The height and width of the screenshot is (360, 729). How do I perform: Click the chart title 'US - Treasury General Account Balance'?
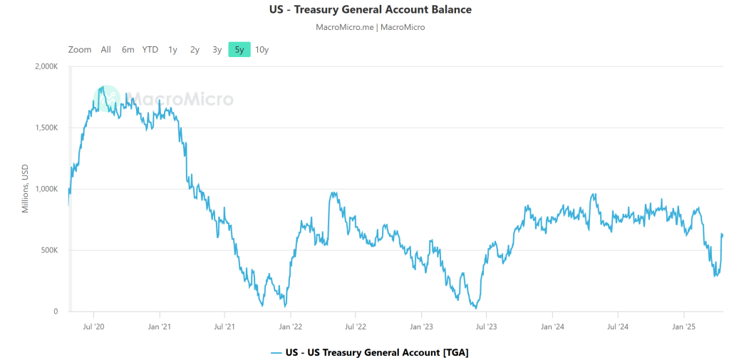pos(364,10)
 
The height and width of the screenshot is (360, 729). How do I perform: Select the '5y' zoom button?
pos(239,49)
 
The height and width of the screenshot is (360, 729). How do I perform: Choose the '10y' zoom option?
pos(262,49)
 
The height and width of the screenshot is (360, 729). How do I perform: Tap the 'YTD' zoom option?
pos(150,49)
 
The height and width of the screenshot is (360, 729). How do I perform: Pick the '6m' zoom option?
pos(128,49)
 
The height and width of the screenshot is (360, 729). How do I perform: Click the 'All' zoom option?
pos(105,49)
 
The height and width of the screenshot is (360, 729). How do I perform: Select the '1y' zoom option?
pos(172,49)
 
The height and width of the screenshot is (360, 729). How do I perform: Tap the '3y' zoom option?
pos(217,49)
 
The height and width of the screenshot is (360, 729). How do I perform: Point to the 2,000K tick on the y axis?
pos(46,66)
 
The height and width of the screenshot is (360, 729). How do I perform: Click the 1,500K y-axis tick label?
pos(46,128)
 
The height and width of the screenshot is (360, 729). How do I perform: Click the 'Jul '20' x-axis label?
pos(94,326)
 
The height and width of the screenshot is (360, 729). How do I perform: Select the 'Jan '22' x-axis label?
pos(290,326)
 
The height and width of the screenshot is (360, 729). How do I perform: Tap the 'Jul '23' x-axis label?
pos(486,326)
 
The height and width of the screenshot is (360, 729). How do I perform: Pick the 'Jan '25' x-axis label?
pos(683,326)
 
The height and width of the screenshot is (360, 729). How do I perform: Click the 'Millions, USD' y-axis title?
pos(25,189)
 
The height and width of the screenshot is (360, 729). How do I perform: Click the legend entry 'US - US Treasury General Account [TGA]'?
pos(369,352)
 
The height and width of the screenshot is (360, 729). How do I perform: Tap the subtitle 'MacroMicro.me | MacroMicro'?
pos(370,27)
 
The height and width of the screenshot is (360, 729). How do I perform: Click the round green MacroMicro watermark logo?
pos(107,99)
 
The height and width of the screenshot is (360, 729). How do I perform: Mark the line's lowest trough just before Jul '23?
pos(475,307)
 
